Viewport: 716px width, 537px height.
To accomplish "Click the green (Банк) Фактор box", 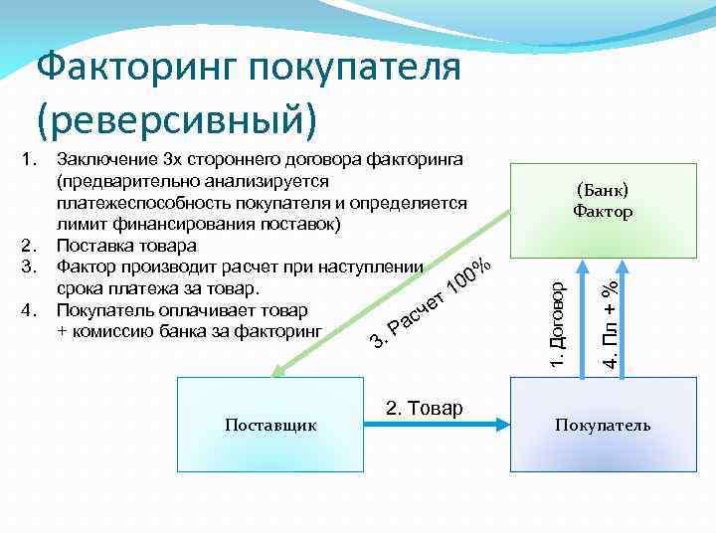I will [603, 203].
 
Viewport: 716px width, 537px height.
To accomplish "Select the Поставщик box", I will [270, 426].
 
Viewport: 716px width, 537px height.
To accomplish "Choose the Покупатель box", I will [603, 426].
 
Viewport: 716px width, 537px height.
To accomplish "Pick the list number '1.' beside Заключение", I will [29, 158].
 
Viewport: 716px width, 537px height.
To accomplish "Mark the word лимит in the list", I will [80, 224].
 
